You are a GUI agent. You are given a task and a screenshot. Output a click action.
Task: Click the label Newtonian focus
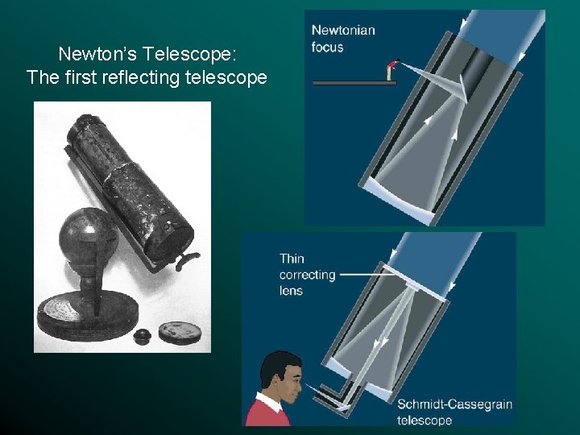coord(343,38)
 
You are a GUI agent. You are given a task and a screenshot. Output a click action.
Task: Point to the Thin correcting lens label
coord(306,274)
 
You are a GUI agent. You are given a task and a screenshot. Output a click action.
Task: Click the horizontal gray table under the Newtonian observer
coord(343,83)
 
